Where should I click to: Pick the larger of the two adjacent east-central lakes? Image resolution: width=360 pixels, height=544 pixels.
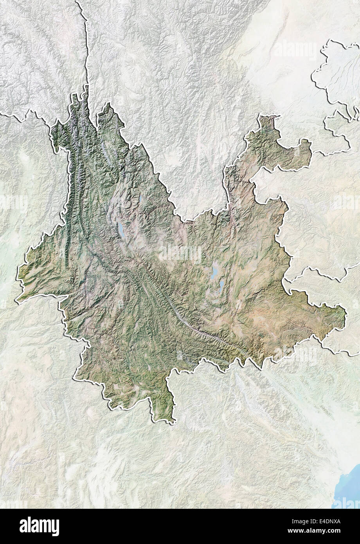(x=214, y=272)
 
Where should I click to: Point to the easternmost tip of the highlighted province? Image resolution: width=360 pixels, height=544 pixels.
(x=345, y=313)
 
